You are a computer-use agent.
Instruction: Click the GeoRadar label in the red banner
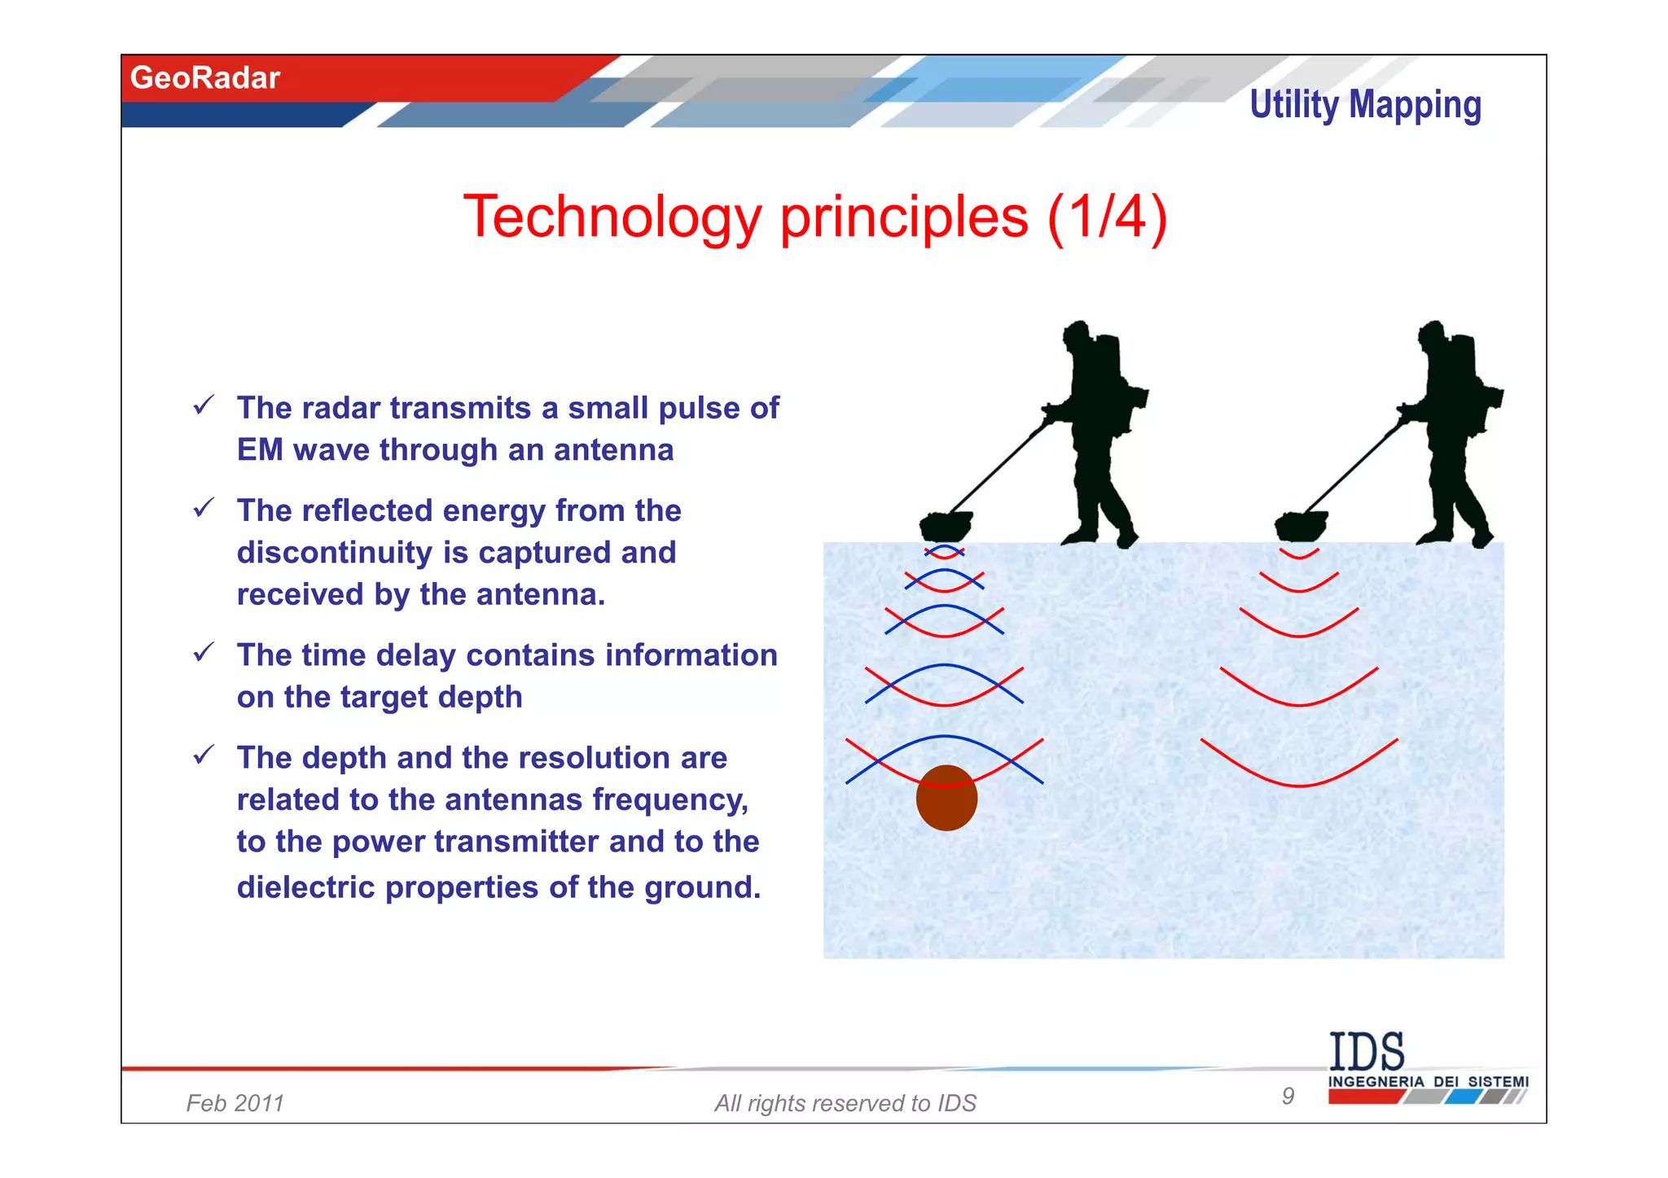coord(204,78)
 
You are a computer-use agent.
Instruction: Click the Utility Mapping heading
coord(1365,105)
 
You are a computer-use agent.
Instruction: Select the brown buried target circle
coord(946,799)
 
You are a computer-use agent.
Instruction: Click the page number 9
coord(1288,1096)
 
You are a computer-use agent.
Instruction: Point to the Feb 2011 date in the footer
coord(235,1103)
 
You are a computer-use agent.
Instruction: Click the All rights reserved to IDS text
coord(845,1103)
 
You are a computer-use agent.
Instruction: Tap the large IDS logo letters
coord(1367,1052)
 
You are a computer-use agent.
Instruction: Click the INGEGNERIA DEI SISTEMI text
coord(1428,1081)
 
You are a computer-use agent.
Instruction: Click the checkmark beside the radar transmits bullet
coord(204,405)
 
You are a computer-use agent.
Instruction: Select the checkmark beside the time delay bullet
coord(204,651)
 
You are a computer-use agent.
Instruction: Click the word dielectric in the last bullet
coord(305,887)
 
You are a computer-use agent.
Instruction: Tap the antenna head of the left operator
coord(946,525)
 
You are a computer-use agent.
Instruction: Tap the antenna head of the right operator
coord(1301,525)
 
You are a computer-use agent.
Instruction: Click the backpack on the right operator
coord(1478,383)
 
